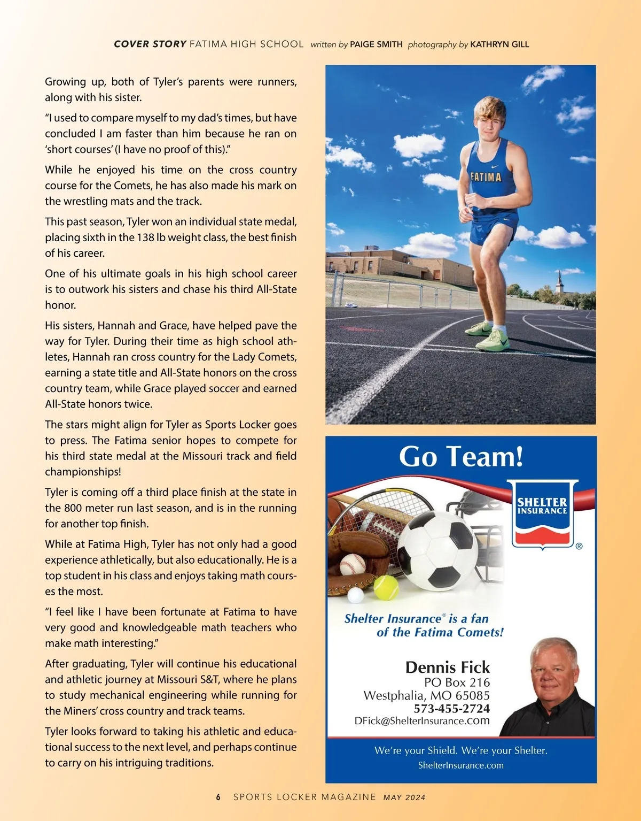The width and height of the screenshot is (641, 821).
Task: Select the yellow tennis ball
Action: click(x=386, y=587)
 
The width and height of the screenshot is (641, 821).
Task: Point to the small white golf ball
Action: click(x=355, y=595)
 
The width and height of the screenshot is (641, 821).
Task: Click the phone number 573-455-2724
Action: click(x=451, y=708)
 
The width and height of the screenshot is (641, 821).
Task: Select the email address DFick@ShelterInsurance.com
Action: click(x=422, y=720)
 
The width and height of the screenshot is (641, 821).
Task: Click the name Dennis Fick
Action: click(x=447, y=667)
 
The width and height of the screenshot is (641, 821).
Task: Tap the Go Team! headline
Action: click(x=461, y=457)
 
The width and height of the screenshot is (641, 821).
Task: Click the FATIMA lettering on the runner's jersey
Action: click(x=486, y=177)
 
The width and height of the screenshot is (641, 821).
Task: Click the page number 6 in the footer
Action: click(x=218, y=797)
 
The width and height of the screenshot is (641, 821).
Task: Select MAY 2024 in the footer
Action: click(x=404, y=797)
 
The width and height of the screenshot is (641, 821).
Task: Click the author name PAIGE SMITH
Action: click(x=376, y=44)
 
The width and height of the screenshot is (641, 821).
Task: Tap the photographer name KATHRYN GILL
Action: click(x=499, y=44)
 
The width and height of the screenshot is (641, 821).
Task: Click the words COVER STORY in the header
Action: click(x=150, y=44)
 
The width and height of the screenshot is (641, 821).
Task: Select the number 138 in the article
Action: click(x=145, y=237)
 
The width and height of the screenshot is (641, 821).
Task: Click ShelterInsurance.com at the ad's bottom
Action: click(x=460, y=765)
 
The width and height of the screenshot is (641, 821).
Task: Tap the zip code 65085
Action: click(x=472, y=695)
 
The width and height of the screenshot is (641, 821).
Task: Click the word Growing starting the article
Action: click(x=65, y=82)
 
